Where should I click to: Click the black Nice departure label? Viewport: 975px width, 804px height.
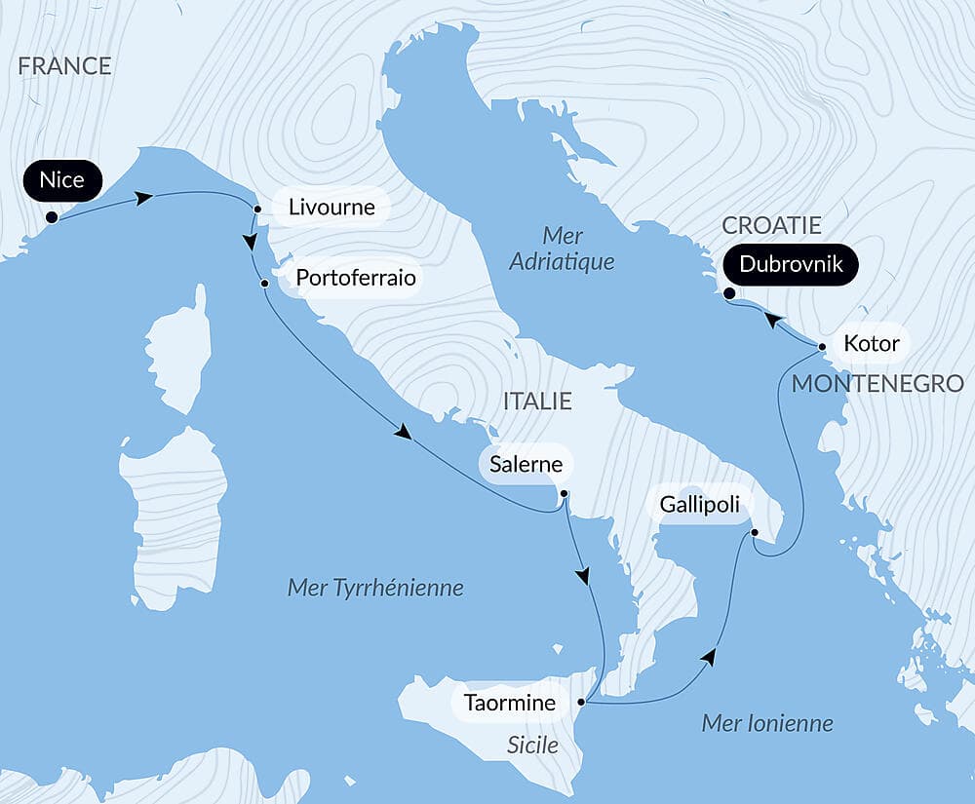coord(62,180)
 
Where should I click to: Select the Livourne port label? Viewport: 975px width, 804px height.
coord(330,207)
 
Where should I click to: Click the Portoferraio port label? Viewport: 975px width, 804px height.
coord(355,279)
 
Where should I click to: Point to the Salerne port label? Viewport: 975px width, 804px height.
coord(526,464)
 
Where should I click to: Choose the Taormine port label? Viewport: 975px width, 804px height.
coord(510,703)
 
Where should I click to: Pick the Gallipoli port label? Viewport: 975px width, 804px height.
coord(699,505)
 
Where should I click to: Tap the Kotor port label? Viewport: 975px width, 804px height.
coord(871,344)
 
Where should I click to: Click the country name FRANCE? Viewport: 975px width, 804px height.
coord(64,66)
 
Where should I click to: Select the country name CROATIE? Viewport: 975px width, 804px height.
coord(771,225)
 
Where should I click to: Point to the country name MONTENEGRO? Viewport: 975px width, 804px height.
coord(877,384)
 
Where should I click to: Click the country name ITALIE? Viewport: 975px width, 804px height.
coord(536,402)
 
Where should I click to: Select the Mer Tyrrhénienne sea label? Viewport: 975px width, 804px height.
coord(375,588)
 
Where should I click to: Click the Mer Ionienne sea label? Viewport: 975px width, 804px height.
coord(767,723)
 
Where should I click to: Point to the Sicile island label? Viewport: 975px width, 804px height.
coord(532,746)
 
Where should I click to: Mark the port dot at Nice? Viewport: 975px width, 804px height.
coord(51,218)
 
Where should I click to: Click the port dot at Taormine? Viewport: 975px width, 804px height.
coord(582,702)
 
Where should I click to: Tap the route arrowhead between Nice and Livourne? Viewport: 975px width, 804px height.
coord(144,199)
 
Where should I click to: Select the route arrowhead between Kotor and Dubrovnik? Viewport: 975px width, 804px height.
coord(772,319)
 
